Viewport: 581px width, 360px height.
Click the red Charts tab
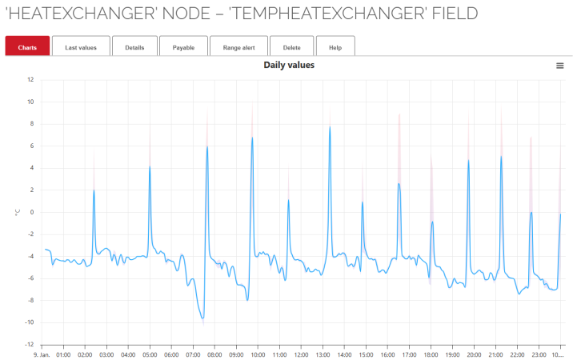pos(27,47)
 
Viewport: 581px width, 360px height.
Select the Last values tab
pos(80,47)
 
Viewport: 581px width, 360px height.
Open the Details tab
pos(134,47)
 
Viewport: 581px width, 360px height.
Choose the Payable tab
pos(183,47)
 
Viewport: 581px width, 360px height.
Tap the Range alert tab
pos(238,47)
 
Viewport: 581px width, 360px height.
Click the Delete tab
pos(292,47)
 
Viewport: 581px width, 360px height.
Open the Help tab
pos(335,47)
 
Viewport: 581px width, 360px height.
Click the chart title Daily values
pos(289,65)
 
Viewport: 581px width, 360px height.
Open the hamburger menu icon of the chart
pos(560,66)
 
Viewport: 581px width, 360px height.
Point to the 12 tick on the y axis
pos(30,79)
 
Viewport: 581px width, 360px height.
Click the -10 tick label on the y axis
pos(29,322)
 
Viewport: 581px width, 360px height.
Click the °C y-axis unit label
pos(15,212)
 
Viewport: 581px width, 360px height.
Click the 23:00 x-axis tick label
pos(539,353)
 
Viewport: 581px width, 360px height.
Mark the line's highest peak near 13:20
pos(330,126)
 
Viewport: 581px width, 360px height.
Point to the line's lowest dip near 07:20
pos(202,318)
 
